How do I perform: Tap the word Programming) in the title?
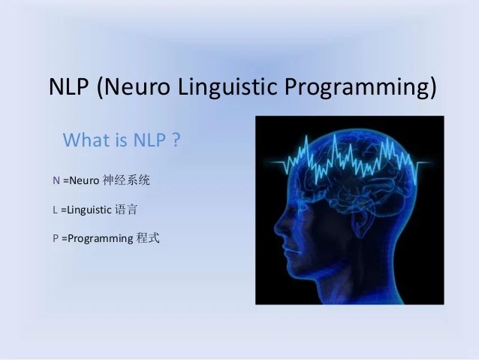[x=361, y=87]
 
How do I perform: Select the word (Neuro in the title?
[x=133, y=87]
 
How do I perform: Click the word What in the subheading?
[x=86, y=141]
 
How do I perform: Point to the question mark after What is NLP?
[x=176, y=141]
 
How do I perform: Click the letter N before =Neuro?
[x=57, y=181]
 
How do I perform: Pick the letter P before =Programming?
[x=56, y=239]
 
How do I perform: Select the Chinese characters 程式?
[x=148, y=239]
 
